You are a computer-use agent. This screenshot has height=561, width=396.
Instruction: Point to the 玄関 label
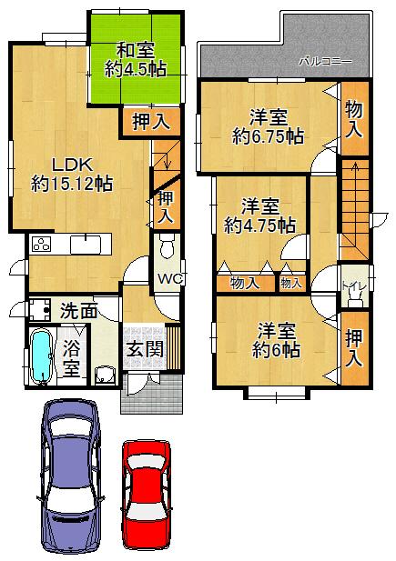[x=144, y=349]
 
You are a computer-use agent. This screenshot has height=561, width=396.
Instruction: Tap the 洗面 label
[x=78, y=311]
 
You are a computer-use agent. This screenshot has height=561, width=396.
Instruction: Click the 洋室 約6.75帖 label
[x=269, y=126]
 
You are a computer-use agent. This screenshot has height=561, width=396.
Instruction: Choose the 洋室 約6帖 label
[x=276, y=339]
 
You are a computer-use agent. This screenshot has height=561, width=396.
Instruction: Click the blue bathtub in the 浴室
[x=42, y=356]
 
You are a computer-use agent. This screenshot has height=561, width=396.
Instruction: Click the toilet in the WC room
[x=167, y=247]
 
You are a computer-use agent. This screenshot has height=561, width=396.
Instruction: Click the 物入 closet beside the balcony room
[x=353, y=119]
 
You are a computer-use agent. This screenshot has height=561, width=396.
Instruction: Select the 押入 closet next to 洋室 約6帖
[x=353, y=346]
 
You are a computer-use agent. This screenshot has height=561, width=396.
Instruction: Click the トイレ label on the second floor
[x=352, y=289]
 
